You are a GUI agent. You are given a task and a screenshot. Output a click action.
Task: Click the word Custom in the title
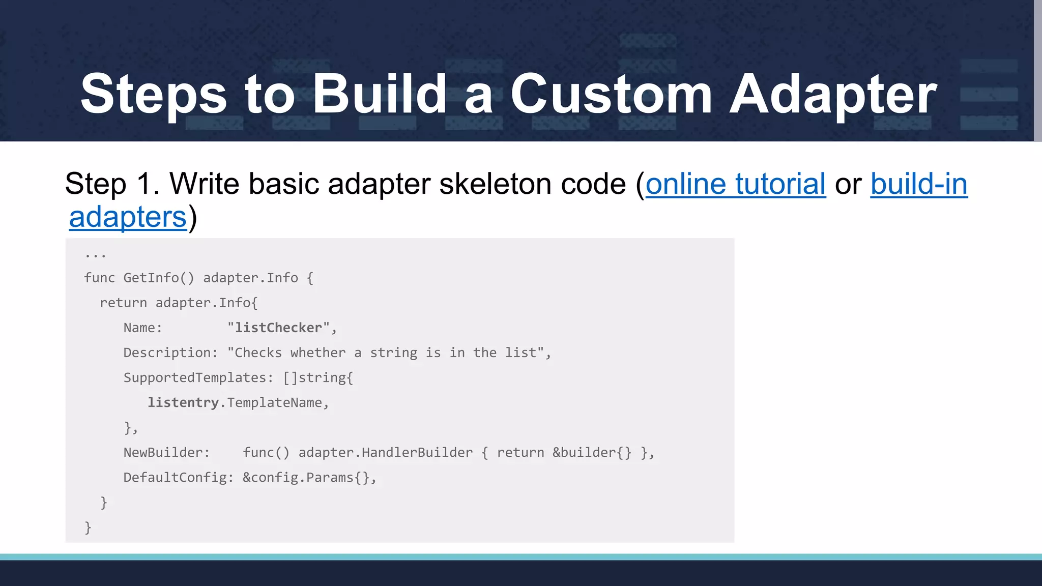[x=611, y=94]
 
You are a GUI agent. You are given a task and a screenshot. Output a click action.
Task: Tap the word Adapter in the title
[x=832, y=94]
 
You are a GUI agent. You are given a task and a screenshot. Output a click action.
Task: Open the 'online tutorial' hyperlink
[x=736, y=184]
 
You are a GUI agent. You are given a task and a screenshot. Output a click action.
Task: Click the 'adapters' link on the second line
[x=128, y=217]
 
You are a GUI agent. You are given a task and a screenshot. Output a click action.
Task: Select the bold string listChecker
[x=278, y=328]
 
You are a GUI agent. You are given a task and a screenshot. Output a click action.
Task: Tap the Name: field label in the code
[x=142, y=328]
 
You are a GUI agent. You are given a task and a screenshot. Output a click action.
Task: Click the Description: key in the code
[x=170, y=353]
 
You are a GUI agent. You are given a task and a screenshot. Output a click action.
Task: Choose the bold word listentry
[x=183, y=402]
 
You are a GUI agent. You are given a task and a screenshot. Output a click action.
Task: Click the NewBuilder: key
[x=166, y=452]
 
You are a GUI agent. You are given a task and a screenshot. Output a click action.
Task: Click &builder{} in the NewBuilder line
[x=592, y=452]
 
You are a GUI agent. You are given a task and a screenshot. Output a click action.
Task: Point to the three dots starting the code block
[x=95, y=254]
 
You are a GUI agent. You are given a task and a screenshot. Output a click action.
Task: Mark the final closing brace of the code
[x=88, y=528]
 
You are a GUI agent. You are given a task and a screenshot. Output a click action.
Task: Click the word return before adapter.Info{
[x=123, y=303]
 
